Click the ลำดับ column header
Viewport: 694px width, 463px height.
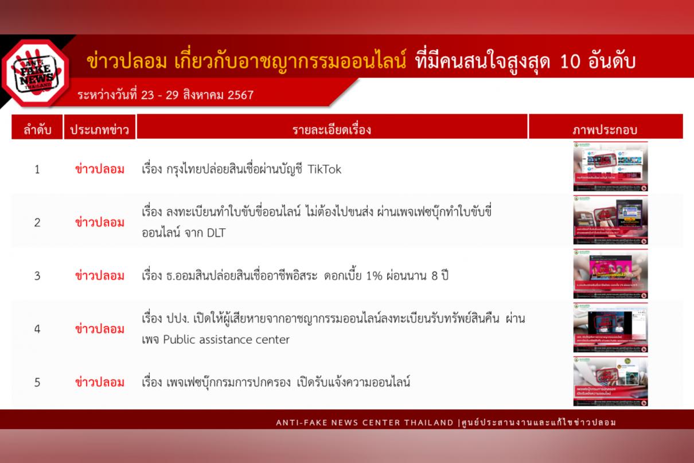[37, 130]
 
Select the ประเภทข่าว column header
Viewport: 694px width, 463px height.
[99, 130]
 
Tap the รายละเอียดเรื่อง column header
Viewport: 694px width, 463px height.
[332, 130]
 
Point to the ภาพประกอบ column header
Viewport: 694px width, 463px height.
[605, 130]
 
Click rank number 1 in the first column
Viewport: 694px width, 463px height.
[37, 169]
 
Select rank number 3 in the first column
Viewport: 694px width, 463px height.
[37, 276]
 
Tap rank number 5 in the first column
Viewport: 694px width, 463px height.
[37, 382]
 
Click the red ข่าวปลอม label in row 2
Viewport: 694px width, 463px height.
[100, 223]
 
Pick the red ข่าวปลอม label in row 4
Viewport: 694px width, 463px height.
[100, 329]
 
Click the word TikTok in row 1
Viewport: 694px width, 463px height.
[325, 169]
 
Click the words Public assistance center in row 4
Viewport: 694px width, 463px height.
[226, 339]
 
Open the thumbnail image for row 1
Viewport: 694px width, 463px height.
[610, 166]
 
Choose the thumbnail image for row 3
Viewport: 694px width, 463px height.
[610, 274]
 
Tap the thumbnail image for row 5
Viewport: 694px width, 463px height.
[610, 381]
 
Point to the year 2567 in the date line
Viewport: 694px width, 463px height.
[240, 95]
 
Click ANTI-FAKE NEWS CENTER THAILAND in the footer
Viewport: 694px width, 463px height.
[365, 423]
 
